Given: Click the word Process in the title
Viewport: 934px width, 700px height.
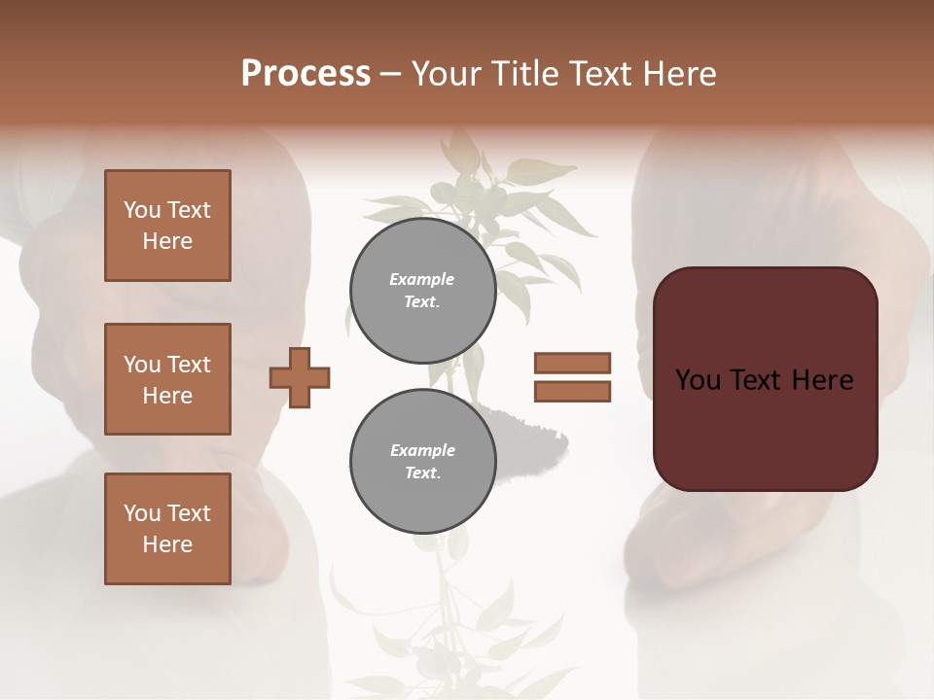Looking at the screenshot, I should (305, 74).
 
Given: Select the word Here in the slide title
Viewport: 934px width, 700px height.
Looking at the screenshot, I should (678, 74).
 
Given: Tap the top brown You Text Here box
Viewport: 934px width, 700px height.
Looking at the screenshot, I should (167, 226).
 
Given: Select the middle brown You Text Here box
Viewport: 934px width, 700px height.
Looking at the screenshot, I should (167, 379).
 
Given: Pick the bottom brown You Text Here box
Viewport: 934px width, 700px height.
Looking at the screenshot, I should (167, 529).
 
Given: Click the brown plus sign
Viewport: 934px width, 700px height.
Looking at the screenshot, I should (300, 377).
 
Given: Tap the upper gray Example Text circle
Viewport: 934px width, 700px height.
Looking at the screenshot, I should (422, 291).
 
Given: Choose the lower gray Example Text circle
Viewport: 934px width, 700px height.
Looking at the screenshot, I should (422, 462).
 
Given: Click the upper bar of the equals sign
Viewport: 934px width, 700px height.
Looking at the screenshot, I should (572, 363).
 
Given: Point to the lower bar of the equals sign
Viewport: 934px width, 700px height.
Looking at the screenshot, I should (572, 392).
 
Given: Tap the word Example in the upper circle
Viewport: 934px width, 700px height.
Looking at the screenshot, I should (422, 279).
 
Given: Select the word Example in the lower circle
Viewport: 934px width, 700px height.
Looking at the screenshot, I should (422, 450).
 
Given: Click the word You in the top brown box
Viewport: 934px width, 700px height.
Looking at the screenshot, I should (142, 210).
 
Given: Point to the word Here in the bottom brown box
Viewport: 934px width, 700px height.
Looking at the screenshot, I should (167, 544).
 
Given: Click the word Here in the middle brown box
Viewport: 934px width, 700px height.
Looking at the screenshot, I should (167, 396).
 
